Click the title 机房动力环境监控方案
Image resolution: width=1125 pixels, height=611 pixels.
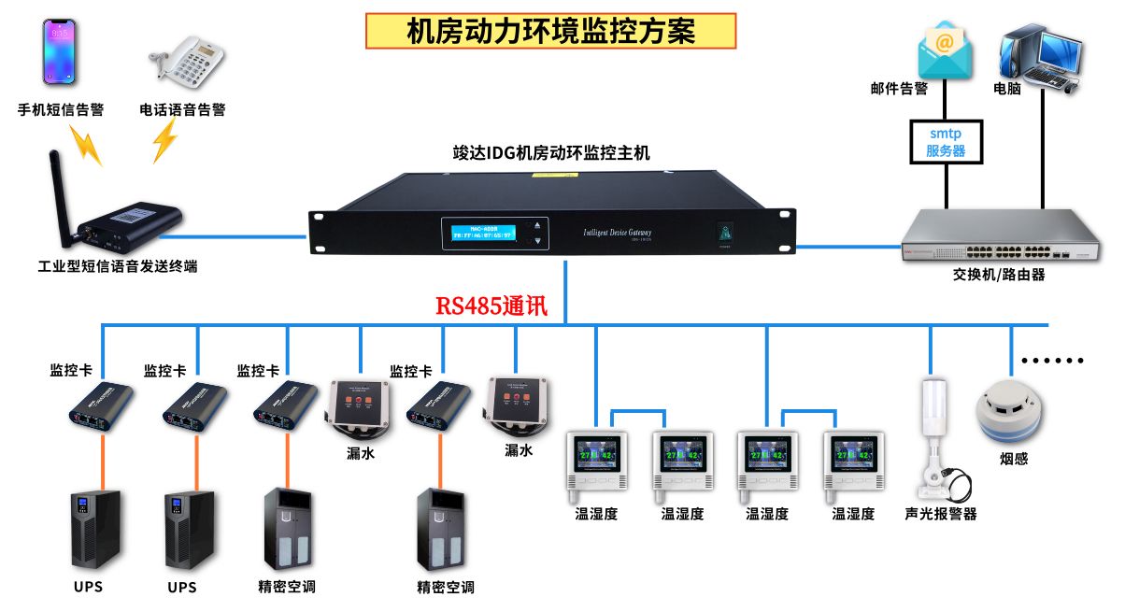[551, 31]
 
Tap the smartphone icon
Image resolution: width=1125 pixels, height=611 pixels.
[59, 52]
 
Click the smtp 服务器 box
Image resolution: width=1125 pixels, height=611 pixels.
[946, 142]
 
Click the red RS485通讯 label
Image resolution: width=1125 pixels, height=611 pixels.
[491, 306]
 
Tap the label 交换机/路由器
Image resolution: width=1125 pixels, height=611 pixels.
[999, 275]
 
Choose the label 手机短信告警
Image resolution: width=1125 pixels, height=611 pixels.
[61, 109]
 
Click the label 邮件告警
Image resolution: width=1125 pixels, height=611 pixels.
[899, 89]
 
